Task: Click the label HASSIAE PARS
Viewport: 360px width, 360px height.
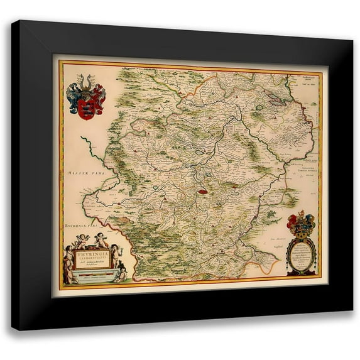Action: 77,173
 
